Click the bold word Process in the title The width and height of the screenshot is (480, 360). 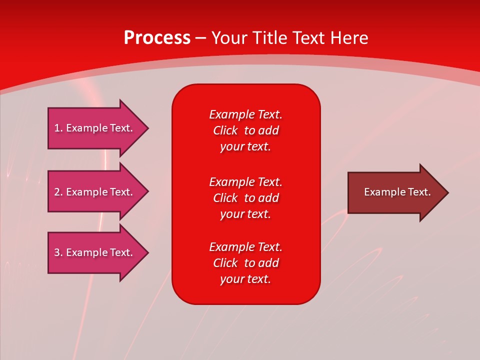click(157, 38)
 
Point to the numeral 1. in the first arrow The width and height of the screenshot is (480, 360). click(58, 128)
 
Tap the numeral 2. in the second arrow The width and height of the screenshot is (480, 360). click(58, 192)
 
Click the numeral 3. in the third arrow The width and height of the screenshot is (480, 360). click(58, 252)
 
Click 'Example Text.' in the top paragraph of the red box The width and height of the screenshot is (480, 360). click(245, 114)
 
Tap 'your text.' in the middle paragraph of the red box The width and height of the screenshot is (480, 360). click(245, 214)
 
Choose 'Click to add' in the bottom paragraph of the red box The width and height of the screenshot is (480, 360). click(245, 263)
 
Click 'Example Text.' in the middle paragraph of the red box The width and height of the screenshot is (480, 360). click(245, 181)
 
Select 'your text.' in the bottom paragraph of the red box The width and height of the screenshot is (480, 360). click(245, 279)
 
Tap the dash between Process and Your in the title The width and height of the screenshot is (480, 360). click(200, 38)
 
